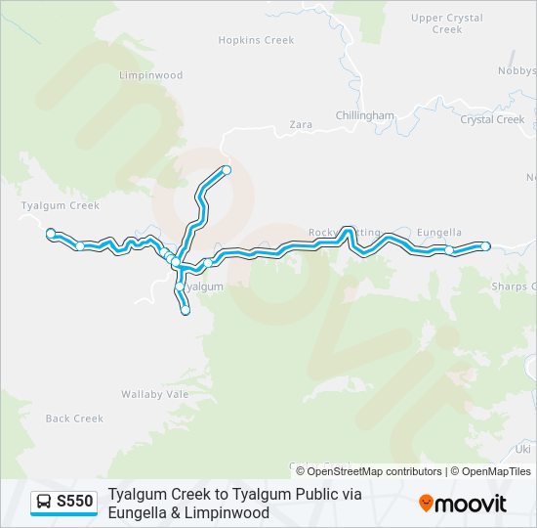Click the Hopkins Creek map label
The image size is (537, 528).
(x=256, y=40)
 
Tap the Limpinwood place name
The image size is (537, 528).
(x=150, y=75)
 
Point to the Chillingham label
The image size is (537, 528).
(x=365, y=115)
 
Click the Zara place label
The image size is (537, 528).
(x=300, y=124)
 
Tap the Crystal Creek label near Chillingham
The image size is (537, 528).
(x=492, y=119)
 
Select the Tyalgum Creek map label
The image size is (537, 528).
(x=60, y=205)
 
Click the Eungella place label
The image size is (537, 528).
(x=438, y=233)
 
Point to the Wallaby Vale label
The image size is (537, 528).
(x=154, y=393)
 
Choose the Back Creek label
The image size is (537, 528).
(x=74, y=418)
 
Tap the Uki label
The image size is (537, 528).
(x=523, y=448)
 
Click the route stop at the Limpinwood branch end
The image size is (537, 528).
(x=227, y=170)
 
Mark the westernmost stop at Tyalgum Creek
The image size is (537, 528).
(x=51, y=233)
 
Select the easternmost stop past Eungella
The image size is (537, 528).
(x=485, y=245)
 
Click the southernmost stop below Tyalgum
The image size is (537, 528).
(x=185, y=311)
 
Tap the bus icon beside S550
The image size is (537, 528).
(x=44, y=502)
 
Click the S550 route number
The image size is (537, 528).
(x=75, y=502)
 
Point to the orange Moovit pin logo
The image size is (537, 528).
(x=426, y=503)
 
